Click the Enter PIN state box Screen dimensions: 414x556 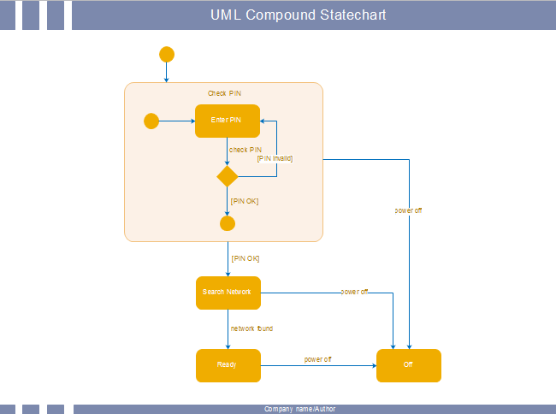pos(227,121)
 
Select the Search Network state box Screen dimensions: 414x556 pos(228,292)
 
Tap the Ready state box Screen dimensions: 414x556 pos(228,365)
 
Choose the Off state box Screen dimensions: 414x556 pos(409,365)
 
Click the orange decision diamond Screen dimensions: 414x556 pos(227,176)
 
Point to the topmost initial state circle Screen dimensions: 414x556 pos(167,55)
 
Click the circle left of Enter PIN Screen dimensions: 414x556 pos(151,121)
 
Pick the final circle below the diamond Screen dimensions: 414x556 pos(227,224)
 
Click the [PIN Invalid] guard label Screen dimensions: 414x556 pos(275,157)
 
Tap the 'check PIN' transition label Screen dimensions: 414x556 pos(245,150)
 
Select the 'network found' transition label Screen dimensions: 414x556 pos(251,328)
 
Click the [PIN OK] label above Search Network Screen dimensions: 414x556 pos(245,257)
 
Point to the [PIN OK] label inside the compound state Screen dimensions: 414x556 pos(245,201)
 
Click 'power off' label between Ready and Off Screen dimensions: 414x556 pos(317,359)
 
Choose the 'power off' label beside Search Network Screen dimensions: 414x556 pos(354,292)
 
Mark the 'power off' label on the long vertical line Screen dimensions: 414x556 pos(408,210)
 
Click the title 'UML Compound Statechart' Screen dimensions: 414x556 pos(299,15)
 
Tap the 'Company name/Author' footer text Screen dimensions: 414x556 pos(299,410)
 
